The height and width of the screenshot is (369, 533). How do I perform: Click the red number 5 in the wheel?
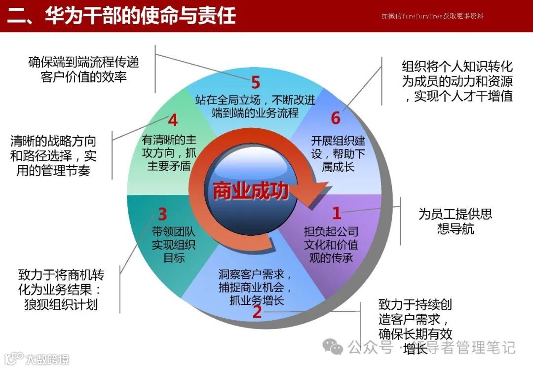(x=255, y=82)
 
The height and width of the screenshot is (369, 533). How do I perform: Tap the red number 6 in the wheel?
(x=336, y=118)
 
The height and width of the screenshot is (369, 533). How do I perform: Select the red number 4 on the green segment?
(x=173, y=120)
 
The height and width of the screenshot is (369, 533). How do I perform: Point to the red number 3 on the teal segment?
(x=162, y=215)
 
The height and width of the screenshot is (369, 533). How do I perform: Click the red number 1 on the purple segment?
(x=337, y=213)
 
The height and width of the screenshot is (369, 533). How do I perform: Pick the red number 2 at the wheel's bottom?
(x=257, y=312)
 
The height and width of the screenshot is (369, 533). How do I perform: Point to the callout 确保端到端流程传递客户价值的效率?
(x=83, y=70)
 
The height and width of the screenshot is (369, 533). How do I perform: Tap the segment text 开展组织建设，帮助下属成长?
(x=338, y=153)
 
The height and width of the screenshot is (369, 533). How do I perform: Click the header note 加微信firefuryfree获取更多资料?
(x=432, y=16)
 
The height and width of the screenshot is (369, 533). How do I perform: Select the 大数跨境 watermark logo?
(x=35, y=359)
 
